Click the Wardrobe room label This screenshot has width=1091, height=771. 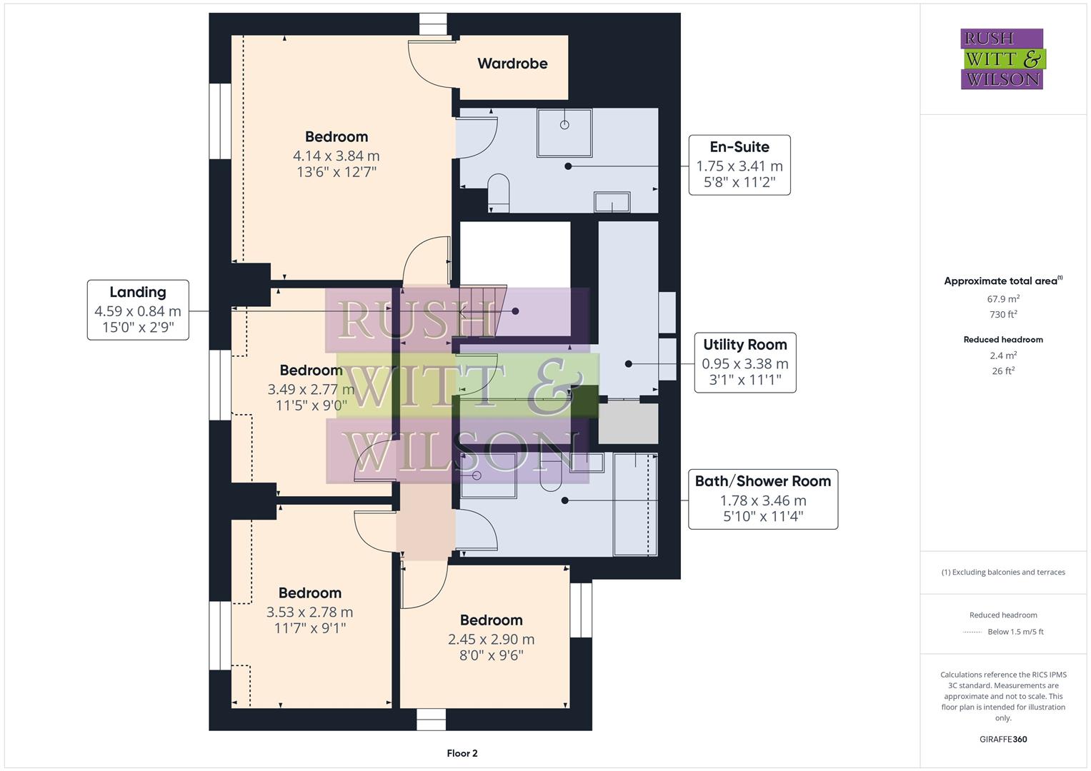coord(512,64)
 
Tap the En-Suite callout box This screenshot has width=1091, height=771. coord(739,165)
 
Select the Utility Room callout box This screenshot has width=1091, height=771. coord(744,363)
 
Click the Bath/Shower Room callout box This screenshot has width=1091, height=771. coord(762,499)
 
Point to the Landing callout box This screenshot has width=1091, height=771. coord(138,310)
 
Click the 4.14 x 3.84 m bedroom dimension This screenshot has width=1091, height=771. coord(336,156)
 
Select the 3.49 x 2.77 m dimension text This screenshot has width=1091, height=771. coord(311,389)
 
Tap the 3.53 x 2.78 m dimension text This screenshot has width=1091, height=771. coord(309,612)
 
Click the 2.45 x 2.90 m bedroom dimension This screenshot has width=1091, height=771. coord(491,639)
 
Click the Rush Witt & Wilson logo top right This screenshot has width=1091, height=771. coord(1002,59)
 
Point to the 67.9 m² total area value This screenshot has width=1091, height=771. coord(1003,298)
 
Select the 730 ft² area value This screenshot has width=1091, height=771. coord(1003,314)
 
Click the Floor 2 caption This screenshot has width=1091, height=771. coord(462,753)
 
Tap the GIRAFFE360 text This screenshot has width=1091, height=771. coord(1003,739)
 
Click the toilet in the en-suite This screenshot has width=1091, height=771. coord(499,194)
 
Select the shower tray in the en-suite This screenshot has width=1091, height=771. coord(564,132)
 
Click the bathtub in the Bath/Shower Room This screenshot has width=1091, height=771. coord(635,503)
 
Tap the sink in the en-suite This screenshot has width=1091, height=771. coord(612,202)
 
